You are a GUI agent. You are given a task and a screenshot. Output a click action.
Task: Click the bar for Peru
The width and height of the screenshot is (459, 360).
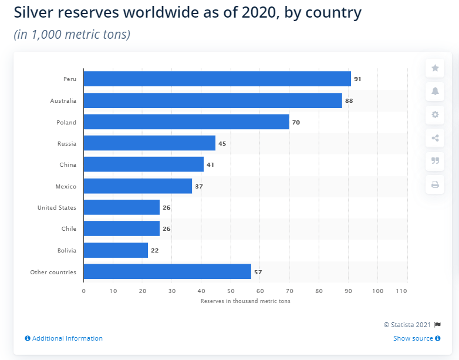tap(217, 79)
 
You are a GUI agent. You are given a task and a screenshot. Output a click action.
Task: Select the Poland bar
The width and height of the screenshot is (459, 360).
tap(186, 122)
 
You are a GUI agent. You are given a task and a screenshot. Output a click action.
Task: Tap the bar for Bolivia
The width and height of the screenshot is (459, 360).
tap(116, 250)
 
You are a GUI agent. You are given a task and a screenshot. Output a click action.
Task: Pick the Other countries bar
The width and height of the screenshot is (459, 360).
tap(167, 272)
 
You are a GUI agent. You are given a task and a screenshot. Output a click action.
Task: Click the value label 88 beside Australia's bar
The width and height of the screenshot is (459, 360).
tap(349, 100)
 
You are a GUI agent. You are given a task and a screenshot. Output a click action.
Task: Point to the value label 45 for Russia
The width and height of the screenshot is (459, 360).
tap(222, 143)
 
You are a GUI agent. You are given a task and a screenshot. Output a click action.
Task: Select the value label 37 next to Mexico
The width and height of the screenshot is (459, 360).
tap(198, 186)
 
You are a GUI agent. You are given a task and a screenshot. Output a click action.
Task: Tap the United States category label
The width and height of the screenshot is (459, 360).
tap(57, 207)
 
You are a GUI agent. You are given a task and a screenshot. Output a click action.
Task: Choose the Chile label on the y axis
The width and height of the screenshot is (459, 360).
tap(69, 229)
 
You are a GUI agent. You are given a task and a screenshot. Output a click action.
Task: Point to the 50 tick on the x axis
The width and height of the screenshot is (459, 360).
tap(230, 291)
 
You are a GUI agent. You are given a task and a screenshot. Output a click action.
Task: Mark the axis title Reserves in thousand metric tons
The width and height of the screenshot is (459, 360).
tap(245, 301)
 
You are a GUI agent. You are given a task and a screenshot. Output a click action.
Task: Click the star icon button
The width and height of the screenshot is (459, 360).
tap(435, 68)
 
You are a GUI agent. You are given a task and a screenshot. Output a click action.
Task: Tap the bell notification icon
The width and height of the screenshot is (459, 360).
tap(435, 91)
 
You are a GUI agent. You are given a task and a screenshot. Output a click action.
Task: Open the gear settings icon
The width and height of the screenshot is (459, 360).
tap(435, 115)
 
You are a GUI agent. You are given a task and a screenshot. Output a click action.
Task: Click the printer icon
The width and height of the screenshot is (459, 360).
tap(435, 184)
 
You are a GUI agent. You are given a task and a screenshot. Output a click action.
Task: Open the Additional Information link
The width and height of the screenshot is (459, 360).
tap(64, 338)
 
